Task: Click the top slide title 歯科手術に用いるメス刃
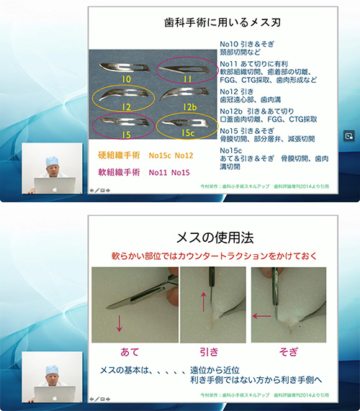[x=215, y=24]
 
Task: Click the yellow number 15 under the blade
[x=123, y=135]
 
